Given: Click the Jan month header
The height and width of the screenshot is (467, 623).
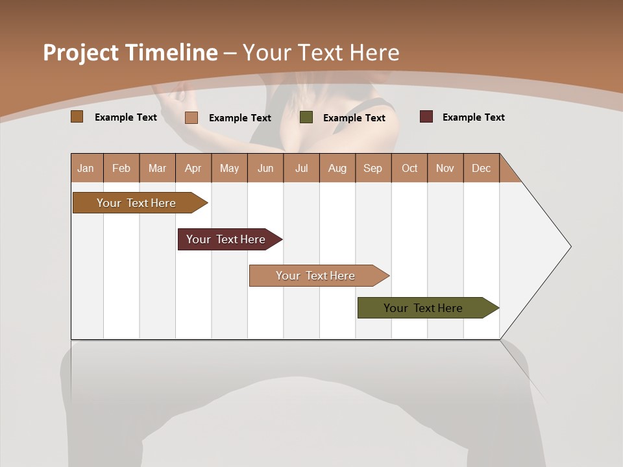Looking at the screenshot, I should (x=86, y=168).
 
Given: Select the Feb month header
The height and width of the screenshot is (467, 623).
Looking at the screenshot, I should (x=121, y=168).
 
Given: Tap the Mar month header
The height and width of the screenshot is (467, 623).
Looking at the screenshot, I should (x=157, y=168).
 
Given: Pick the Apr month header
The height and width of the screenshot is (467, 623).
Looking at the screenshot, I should (x=193, y=168).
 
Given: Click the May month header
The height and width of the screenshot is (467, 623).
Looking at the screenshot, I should (x=229, y=168).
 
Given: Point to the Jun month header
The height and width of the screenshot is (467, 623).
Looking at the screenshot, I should (x=265, y=168).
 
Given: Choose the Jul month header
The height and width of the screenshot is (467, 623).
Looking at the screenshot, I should (x=301, y=168).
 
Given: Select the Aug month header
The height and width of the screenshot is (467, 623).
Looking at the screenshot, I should (x=337, y=168).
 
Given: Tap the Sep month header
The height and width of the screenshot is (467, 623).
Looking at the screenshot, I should (x=373, y=168).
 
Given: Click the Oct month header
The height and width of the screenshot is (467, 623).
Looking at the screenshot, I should (x=409, y=168).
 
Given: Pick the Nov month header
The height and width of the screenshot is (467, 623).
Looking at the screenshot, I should (x=445, y=168).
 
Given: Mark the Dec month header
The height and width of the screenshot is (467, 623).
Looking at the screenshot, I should (x=482, y=168).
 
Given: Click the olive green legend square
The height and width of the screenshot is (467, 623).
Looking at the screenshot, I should (x=306, y=117).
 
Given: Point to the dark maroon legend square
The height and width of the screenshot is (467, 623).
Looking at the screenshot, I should (x=426, y=117).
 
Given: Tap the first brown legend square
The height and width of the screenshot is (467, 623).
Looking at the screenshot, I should (x=77, y=117).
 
